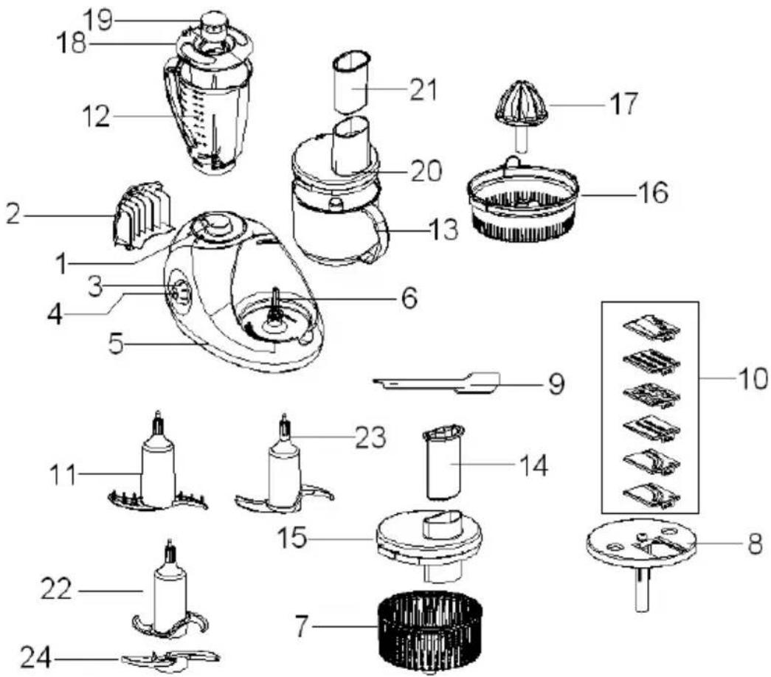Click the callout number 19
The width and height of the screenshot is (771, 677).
click(98, 20)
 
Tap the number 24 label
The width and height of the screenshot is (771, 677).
click(36, 657)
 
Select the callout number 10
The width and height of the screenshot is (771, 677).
click(752, 378)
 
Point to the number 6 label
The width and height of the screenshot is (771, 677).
click(409, 298)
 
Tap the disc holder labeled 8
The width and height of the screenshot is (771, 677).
click(642, 555)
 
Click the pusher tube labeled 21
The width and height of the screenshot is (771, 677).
click(351, 81)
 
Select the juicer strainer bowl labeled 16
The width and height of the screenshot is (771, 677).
click(523, 201)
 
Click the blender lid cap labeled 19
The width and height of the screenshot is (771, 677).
click(213, 23)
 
